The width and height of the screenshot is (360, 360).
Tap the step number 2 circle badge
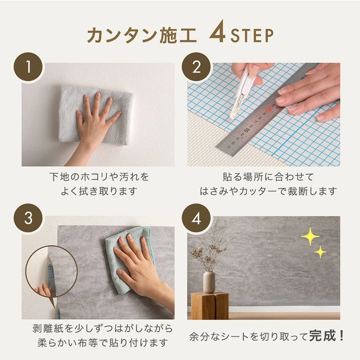coord(196,66)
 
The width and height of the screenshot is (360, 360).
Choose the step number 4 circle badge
coord(196,218)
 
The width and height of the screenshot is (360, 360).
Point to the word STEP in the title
coord(252,35)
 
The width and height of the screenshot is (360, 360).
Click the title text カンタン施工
coord(142,34)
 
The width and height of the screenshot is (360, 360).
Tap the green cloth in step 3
coord(129,257)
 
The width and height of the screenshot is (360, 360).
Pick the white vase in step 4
coord(209,281)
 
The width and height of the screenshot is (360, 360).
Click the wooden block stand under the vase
coord(210,305)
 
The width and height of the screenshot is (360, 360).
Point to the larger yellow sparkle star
coord(310,237)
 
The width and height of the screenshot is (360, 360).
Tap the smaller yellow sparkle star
coord(320,252)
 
